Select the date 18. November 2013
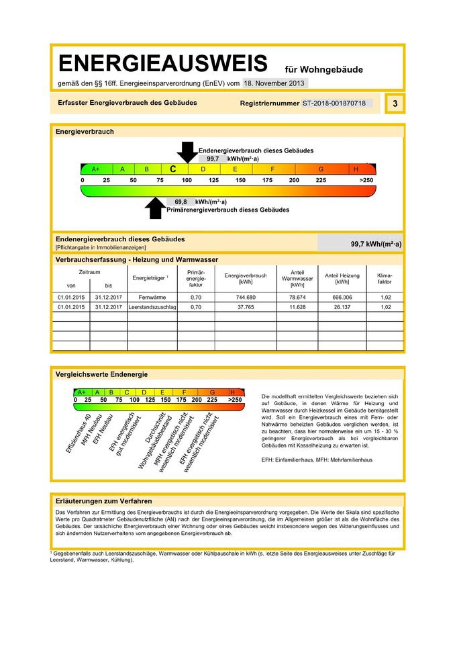(274, 83)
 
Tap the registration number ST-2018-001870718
(334, 104)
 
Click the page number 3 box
(395, 103)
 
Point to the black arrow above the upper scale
(187, 152)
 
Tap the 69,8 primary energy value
(181, 202)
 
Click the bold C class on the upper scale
(172, 169)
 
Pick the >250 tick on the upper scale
(366, 181)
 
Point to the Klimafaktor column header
(385, 279)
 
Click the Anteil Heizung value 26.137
(342, 307)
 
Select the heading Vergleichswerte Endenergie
(101, 374)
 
